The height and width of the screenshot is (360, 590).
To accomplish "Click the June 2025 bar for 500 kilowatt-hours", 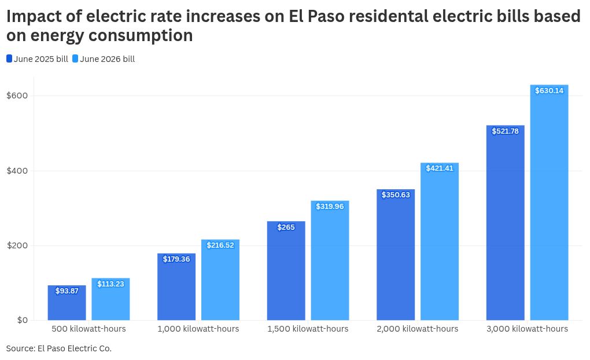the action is coord(67,303).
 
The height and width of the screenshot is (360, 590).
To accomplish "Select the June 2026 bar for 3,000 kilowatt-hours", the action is coord(549,203).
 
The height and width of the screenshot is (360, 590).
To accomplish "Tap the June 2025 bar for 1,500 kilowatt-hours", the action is coord(286,271).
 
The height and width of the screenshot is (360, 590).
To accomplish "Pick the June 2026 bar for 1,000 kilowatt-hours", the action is coord(220,280).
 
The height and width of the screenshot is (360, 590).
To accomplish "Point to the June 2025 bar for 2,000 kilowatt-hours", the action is coord(396,255).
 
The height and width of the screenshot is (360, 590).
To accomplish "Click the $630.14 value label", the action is coord(549,91).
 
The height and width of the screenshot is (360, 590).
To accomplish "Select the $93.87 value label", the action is coord(67,291).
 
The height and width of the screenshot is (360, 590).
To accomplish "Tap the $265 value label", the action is coord(286,227).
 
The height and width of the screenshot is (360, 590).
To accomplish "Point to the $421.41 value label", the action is coord(440,168).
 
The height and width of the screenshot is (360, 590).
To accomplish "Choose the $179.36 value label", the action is coord(176,259).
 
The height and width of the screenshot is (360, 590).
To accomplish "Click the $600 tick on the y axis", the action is coord(17,95).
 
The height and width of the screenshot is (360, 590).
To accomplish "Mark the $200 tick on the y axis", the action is coord(17,245).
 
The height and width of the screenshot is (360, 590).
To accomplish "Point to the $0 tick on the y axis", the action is coord(23,320).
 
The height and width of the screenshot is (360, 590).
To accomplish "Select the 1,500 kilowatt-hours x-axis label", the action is coord(308,329).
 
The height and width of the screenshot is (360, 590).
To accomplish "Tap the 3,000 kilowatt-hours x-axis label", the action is coord(527,329).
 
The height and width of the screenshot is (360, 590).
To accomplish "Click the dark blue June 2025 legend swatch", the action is coord(9,58).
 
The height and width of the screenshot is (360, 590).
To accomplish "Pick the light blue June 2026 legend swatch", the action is coord(75,58).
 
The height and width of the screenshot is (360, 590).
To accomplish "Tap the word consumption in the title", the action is coord(141,36).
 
